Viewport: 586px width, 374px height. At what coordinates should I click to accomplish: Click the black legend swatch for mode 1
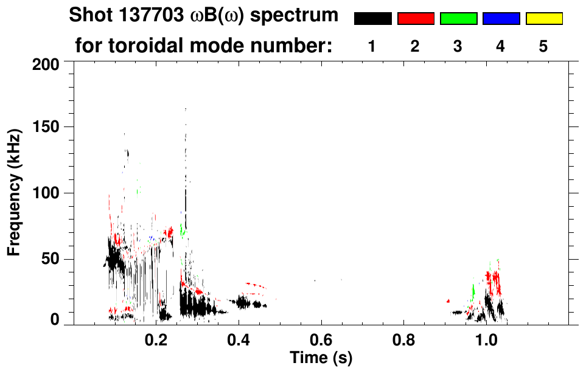click(x=373, y=19)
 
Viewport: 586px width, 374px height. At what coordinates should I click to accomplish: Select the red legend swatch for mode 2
click(x=416, y=19)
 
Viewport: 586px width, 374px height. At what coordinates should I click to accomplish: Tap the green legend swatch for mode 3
click(x=458, y=19)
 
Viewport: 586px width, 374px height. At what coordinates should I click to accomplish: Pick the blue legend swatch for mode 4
click(x=501, y=19)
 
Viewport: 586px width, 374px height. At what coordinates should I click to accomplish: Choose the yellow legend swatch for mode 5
click(x=543, y=19)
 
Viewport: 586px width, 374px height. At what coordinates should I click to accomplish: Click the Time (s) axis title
click(x=321, y=357)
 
